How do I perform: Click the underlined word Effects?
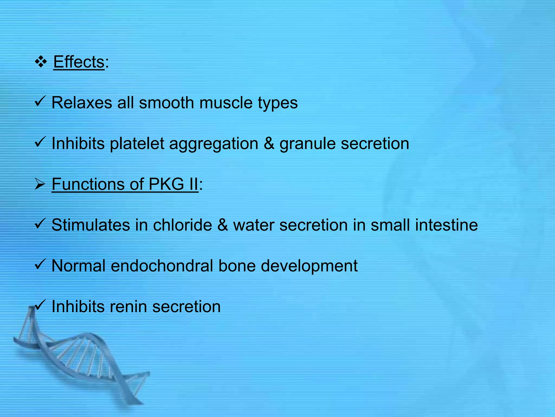[x=79, y=62]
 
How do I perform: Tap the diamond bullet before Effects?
[x=41, y=62]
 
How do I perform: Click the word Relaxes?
[x=82, y=103]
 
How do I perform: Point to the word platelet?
[x=137, y=144]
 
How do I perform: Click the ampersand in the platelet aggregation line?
[x=269, y=144]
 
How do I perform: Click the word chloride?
[x=182, y=225]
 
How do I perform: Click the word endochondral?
[x=162, y=266]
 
